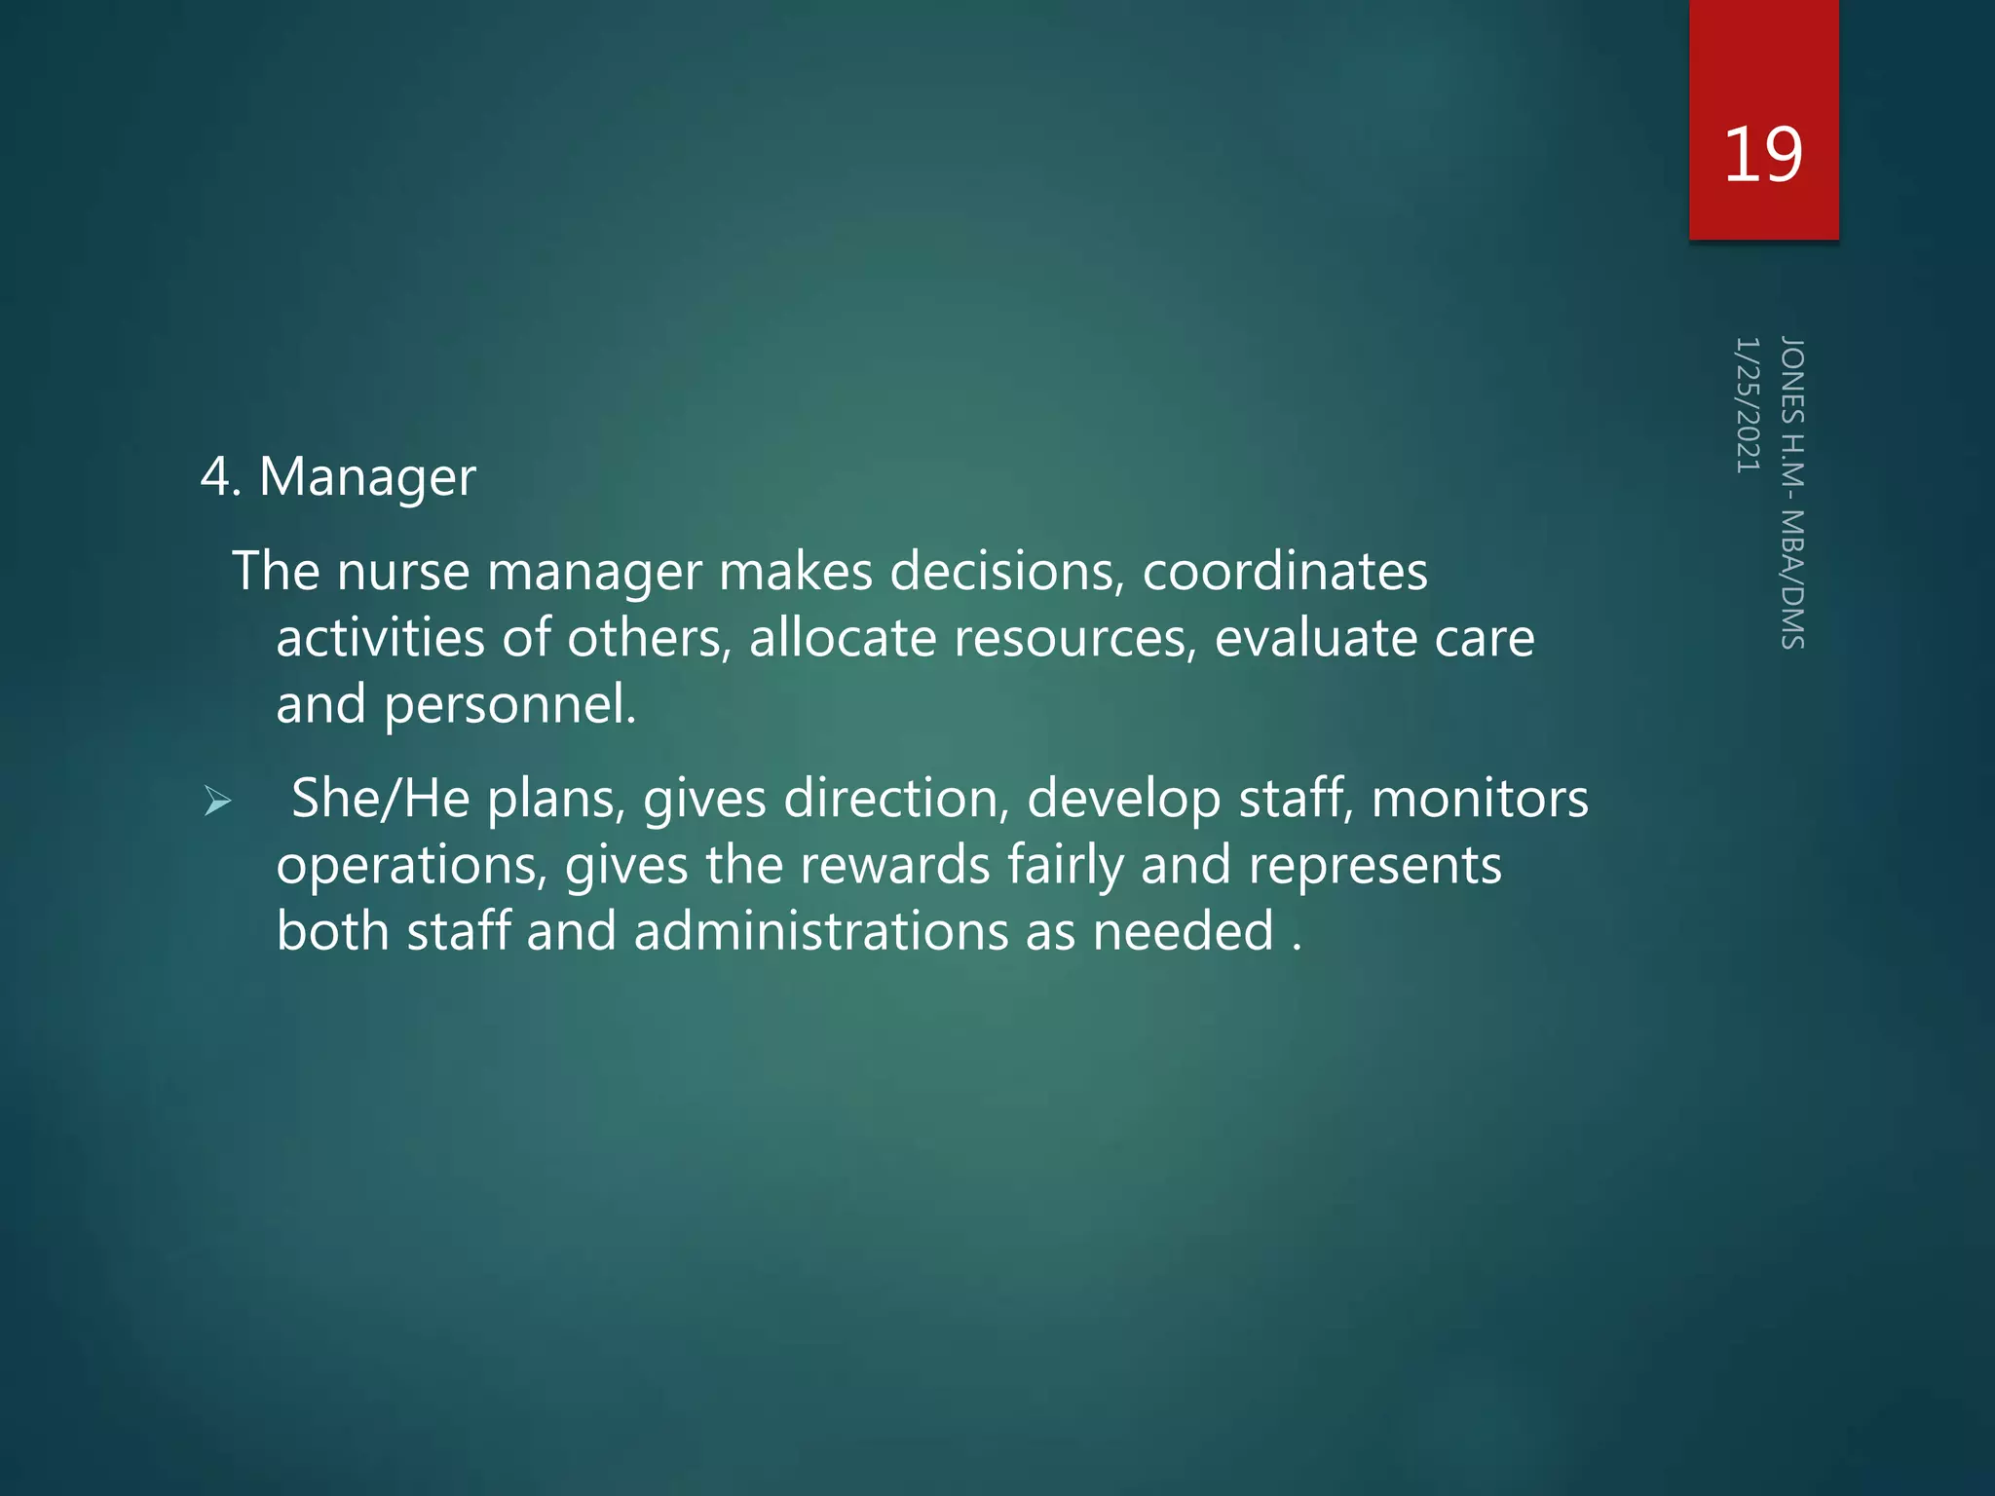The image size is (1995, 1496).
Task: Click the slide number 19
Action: (x=1762, y=154)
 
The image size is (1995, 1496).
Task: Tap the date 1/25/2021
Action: (x=1748, y=405)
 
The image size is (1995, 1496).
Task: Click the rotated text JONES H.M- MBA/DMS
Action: (x=1792, y=492)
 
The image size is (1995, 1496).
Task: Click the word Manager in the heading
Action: (x=367, y=478)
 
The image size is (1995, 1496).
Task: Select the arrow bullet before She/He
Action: (x=217, y=802)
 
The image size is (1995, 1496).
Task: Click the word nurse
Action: (x=402, y=572)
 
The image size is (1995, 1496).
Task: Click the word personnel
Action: (x=509, y=705)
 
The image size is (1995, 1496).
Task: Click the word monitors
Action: (x=1480, y=799)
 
